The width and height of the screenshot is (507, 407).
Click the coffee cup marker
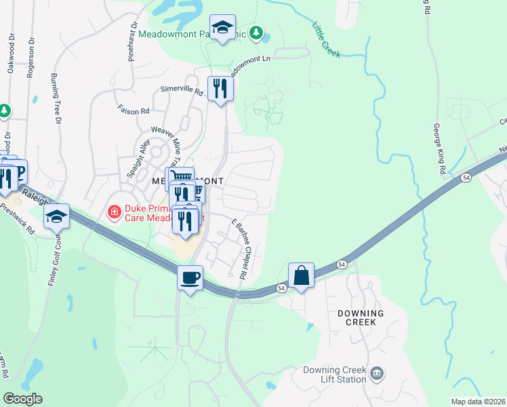pos(190,277)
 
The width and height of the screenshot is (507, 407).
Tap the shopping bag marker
pos(301,275)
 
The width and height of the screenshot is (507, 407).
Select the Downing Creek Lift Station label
pos(334,374)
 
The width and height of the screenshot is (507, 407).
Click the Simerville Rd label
pos(182,90)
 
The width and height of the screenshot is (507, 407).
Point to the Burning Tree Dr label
pos(56,98)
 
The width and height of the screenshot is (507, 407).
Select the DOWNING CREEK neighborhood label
pos(361,317)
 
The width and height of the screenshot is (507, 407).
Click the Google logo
pos(22,399)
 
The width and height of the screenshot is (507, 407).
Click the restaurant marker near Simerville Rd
pos(220,88)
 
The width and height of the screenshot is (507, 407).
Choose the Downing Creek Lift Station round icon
pos(378,372)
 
